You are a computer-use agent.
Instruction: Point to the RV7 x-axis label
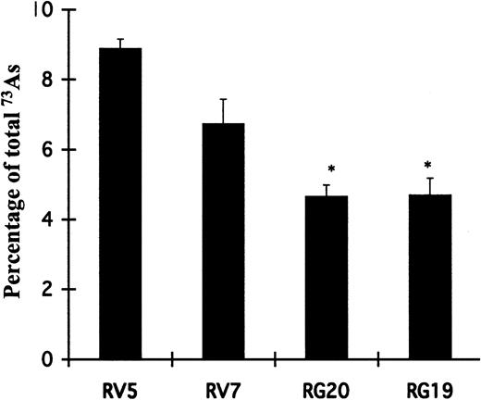coord(222,382)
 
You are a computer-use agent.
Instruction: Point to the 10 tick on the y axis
coord(43,10)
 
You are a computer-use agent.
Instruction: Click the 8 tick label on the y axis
coord(46,81)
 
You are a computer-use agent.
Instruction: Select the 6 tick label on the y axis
coord(46,150)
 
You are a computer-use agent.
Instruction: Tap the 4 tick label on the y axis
coord(46,219)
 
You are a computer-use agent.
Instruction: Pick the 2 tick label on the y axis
coord(46,290)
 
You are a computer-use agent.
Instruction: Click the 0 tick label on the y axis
coord(46,359)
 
